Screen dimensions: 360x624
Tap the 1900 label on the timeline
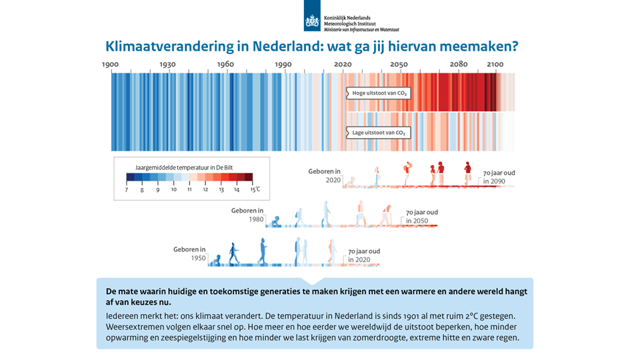point(111,64)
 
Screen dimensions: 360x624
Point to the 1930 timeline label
point(168,64)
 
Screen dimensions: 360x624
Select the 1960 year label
point(225,64)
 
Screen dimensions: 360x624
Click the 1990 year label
point(283,64)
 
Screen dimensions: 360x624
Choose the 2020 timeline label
point(343,64)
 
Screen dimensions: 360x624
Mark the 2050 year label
point(399,64)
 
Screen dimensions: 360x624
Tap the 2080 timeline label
point(459,64)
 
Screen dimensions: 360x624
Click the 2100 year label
point(495,64)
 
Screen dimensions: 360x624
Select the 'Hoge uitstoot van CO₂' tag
point(378,93)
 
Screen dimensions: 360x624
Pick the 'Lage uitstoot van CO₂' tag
point(378,133)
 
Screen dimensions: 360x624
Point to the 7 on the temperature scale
point(127,190)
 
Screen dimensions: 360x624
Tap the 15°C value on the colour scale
point(254,190)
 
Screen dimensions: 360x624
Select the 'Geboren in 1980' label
point(247,215)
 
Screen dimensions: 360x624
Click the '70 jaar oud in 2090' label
point(499,177)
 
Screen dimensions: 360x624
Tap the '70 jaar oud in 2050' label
point(422,216)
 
